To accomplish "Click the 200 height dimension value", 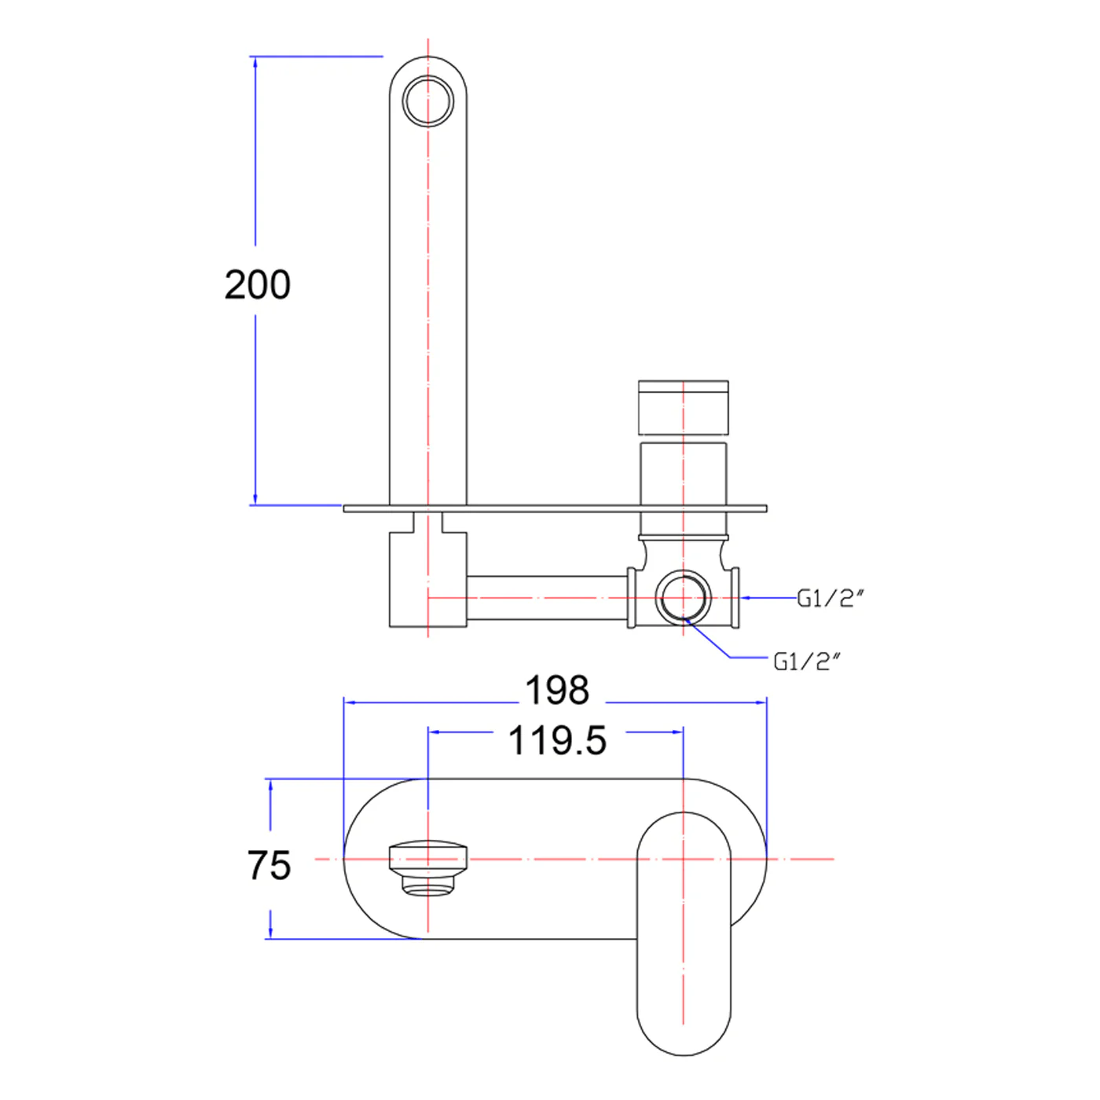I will pyautogui.click(x=258, y=284).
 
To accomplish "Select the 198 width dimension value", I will pyautogui.click(x=557, y=691).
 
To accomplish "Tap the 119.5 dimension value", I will pyautogui.click(x=557, y=741).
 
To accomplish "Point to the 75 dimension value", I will pyautogui.click(x=269, y=866).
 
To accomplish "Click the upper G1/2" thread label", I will pyautogui.click(x=830, y=599).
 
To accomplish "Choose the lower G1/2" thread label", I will pyautogui.click(x=807, y=662).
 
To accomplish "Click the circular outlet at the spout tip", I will pyautogui.click(x=428, y=101).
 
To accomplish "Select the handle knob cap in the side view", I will pyautogui.click(x=683, y=408).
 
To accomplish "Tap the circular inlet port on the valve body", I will pyautogui.click(x=683, y=598).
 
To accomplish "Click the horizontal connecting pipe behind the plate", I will pyautogui.click(x=547, y=598).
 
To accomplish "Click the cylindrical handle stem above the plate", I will pyautogui.click(x=683, y=474).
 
